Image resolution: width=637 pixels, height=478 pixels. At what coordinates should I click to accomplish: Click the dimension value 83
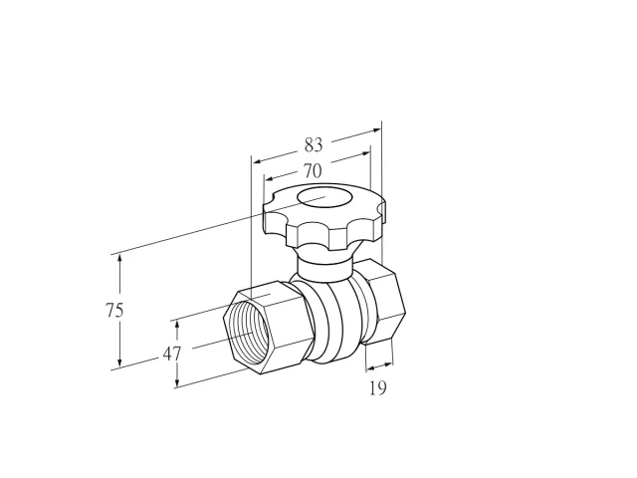(x=314, y=144)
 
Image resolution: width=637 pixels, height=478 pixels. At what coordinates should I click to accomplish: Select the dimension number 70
(x=313, y=171)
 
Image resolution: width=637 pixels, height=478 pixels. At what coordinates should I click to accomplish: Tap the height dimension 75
(x=114, y=311)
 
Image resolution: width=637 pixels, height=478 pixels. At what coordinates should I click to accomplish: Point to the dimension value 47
(x=172, y=355)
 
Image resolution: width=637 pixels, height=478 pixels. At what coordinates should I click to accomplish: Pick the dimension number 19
(x=378, y=388)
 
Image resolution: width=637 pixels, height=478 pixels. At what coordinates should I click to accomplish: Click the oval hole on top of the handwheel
(x=324, y=197)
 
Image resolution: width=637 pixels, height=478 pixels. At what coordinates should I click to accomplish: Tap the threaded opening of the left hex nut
(x=247, y=333)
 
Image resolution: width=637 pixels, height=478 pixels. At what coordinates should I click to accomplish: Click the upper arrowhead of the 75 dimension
(x=119, y=260)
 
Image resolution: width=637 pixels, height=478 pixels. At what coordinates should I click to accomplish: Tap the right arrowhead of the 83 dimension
(x=376, y=130)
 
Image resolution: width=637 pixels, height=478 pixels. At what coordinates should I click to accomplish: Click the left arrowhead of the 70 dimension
(x=270, y=178)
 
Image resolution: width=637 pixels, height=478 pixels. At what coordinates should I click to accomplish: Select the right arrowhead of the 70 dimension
(x=365, y=153)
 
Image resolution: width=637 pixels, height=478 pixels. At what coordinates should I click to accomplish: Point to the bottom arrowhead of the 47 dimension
(x=177, y=381)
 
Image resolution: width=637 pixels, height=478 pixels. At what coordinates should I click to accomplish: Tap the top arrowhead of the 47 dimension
(x=177, y=326)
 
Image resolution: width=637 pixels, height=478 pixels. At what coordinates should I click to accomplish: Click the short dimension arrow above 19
(x=380, y=366)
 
